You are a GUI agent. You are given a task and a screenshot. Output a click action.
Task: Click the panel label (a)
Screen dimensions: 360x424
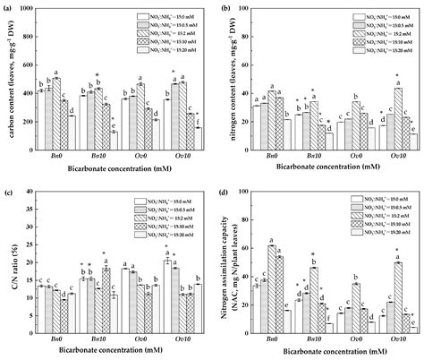pos(7,7)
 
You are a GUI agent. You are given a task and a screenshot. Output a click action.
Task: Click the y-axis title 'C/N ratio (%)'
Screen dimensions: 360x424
pos(7,260)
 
